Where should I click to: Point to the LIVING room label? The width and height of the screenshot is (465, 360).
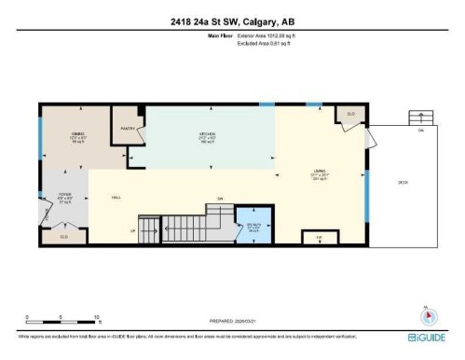click(320, 173)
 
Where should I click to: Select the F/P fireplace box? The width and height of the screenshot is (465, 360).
click(319, 238)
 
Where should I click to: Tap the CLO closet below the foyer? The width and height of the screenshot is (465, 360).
click(64, 237)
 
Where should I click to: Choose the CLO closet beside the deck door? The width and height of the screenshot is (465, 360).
click(350, 115)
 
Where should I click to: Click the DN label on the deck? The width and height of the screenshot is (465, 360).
click(421, 131)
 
